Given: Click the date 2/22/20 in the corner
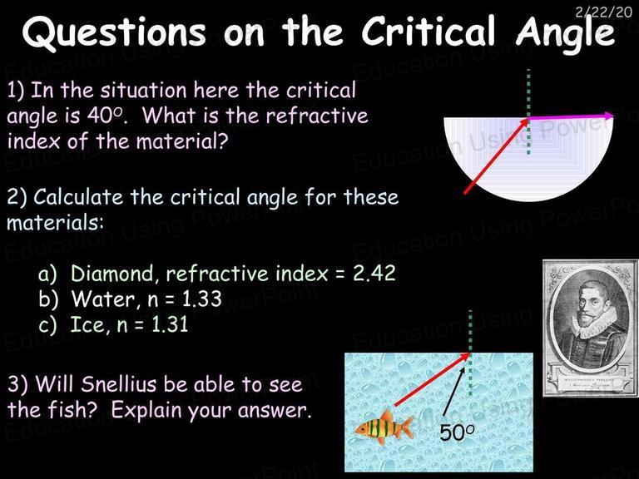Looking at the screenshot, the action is click(603, 12).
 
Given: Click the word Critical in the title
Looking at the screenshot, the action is click(428, 31).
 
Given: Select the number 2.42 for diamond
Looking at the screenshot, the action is click(374, 274).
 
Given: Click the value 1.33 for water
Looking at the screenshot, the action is click(201, 299).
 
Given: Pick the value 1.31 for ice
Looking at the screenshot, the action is click(169, 324).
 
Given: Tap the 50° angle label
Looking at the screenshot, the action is click(458, 432).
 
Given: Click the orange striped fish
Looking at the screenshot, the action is click(384, 427).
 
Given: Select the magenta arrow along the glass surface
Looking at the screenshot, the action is click(571, 117).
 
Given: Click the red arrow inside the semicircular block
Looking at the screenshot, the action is click(497, 156).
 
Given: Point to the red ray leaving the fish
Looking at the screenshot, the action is click(433, 379).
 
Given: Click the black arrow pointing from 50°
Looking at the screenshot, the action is click(453, 394).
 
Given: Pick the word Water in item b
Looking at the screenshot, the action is click(102, 299).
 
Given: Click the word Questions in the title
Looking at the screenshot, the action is click(115, 32).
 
